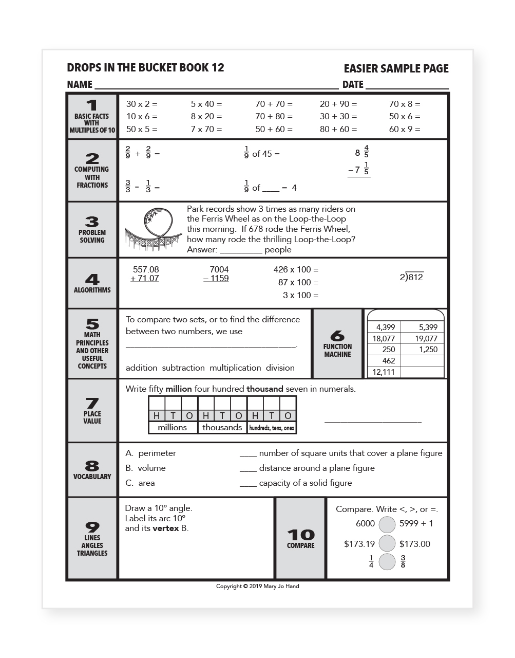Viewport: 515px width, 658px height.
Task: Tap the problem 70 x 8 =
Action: coord(404,104)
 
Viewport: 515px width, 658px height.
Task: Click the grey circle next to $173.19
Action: coord(387,543)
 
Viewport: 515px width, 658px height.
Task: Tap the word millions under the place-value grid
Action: coord(173,427)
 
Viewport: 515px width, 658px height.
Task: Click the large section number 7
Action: coord(92,403)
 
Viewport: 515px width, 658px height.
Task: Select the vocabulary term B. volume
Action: coord(146,468)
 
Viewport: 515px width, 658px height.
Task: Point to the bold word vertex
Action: coord(166,528)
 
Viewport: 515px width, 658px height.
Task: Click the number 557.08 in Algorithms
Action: coord(146,269)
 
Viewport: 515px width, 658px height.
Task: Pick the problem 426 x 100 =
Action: coord(296,269)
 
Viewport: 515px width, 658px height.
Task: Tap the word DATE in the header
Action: coord(353,85)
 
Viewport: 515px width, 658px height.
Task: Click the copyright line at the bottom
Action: coord(257,586)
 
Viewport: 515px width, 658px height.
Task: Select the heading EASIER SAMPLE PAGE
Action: coord(396,69)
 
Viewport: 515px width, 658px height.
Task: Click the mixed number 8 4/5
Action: coord(362,152)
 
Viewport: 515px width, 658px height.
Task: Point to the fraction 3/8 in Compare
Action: coord(403,561)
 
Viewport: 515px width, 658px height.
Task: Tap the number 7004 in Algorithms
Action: coord(219,269)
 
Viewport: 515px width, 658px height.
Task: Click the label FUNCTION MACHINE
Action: coord(337,350)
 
